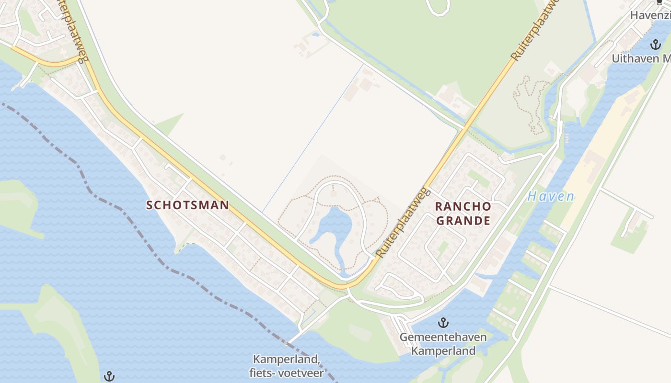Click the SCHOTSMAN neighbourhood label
(x=187, y=205)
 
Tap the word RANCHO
(x=463, y=207)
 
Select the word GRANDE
(x=463, y=221)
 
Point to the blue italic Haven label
(x=551, y=196)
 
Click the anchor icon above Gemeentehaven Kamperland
(x=443, y=323)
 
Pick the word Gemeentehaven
(x=443, y=337)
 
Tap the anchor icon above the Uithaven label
(x=655, y=45)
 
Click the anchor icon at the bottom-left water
(x=109, y=376)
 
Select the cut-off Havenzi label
(x=650, y=15)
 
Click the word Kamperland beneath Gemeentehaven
(x=443, y=350)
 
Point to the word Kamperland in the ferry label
(x=286, y=359)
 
